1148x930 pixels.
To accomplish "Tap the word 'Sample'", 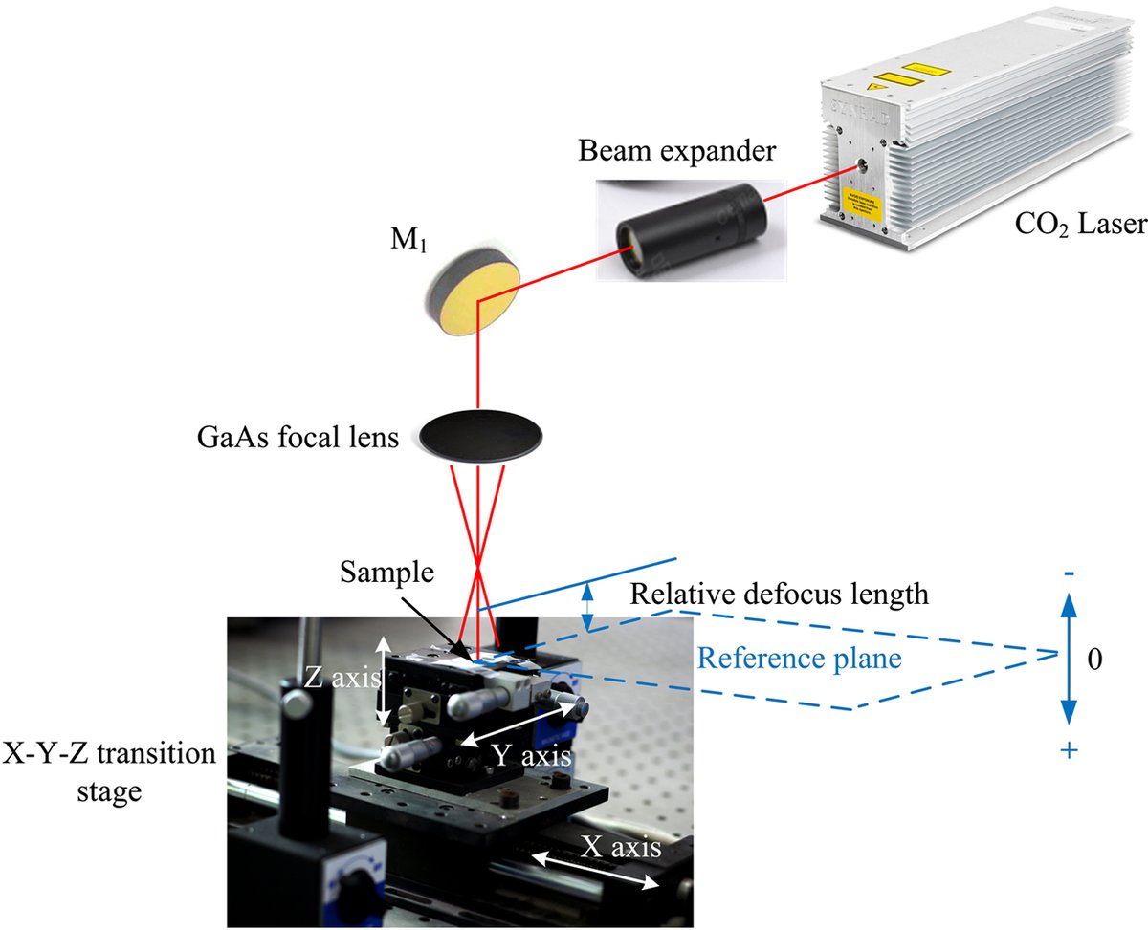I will tap(387, 573).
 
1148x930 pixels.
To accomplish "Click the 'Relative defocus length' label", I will tap(779, 595).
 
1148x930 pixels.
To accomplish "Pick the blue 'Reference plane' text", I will tap(800, 658).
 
